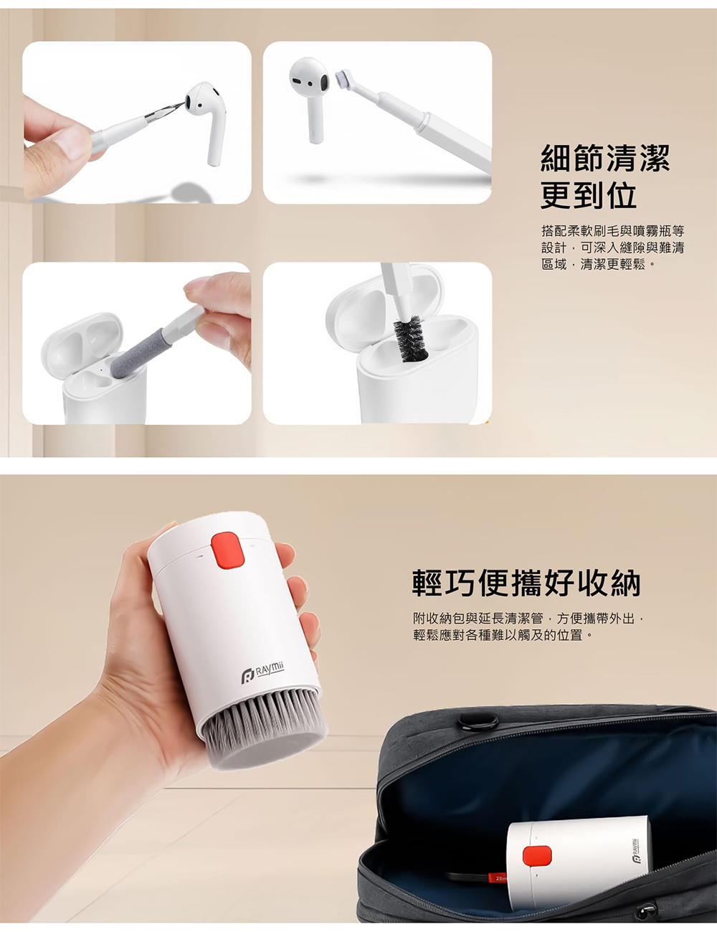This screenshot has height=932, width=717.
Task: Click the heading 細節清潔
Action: point(604,159)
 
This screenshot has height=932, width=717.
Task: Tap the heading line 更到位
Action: point(589,196)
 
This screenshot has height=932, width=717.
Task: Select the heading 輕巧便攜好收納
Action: point(526,583)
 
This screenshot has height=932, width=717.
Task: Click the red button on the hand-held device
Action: point(227,550)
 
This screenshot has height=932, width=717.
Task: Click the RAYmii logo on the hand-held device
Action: point(262,674)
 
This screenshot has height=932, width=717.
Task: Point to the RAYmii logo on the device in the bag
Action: point(635,849)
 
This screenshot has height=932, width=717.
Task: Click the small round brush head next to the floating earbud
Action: point(343,79)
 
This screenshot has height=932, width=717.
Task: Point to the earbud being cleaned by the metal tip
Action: point(206,118)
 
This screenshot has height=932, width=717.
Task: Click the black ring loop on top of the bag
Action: point(478,722)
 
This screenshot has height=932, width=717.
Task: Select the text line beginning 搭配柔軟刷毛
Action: point(613,232)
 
